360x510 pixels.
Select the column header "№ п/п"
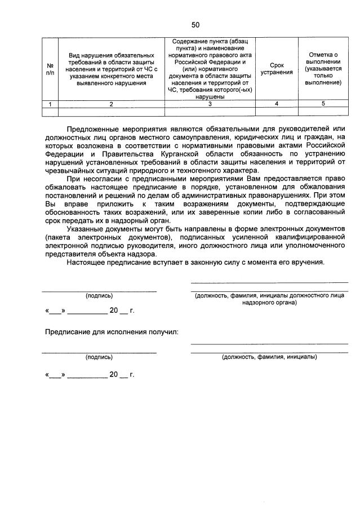(50, 68)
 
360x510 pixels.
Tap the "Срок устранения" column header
(276, 68)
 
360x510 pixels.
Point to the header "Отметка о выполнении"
(323, 68)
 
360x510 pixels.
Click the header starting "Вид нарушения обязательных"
(111, 68)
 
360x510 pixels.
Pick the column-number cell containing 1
(50, 104)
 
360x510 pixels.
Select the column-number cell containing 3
(210, 104)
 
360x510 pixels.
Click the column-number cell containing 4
(276, 104)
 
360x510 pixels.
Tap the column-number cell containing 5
(323, 104)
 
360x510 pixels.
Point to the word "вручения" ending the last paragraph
(309, 262)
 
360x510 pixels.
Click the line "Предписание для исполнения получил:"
(112, 331)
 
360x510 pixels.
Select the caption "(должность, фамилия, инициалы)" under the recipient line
(269, 357)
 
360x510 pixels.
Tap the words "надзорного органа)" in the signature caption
(269, 303)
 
